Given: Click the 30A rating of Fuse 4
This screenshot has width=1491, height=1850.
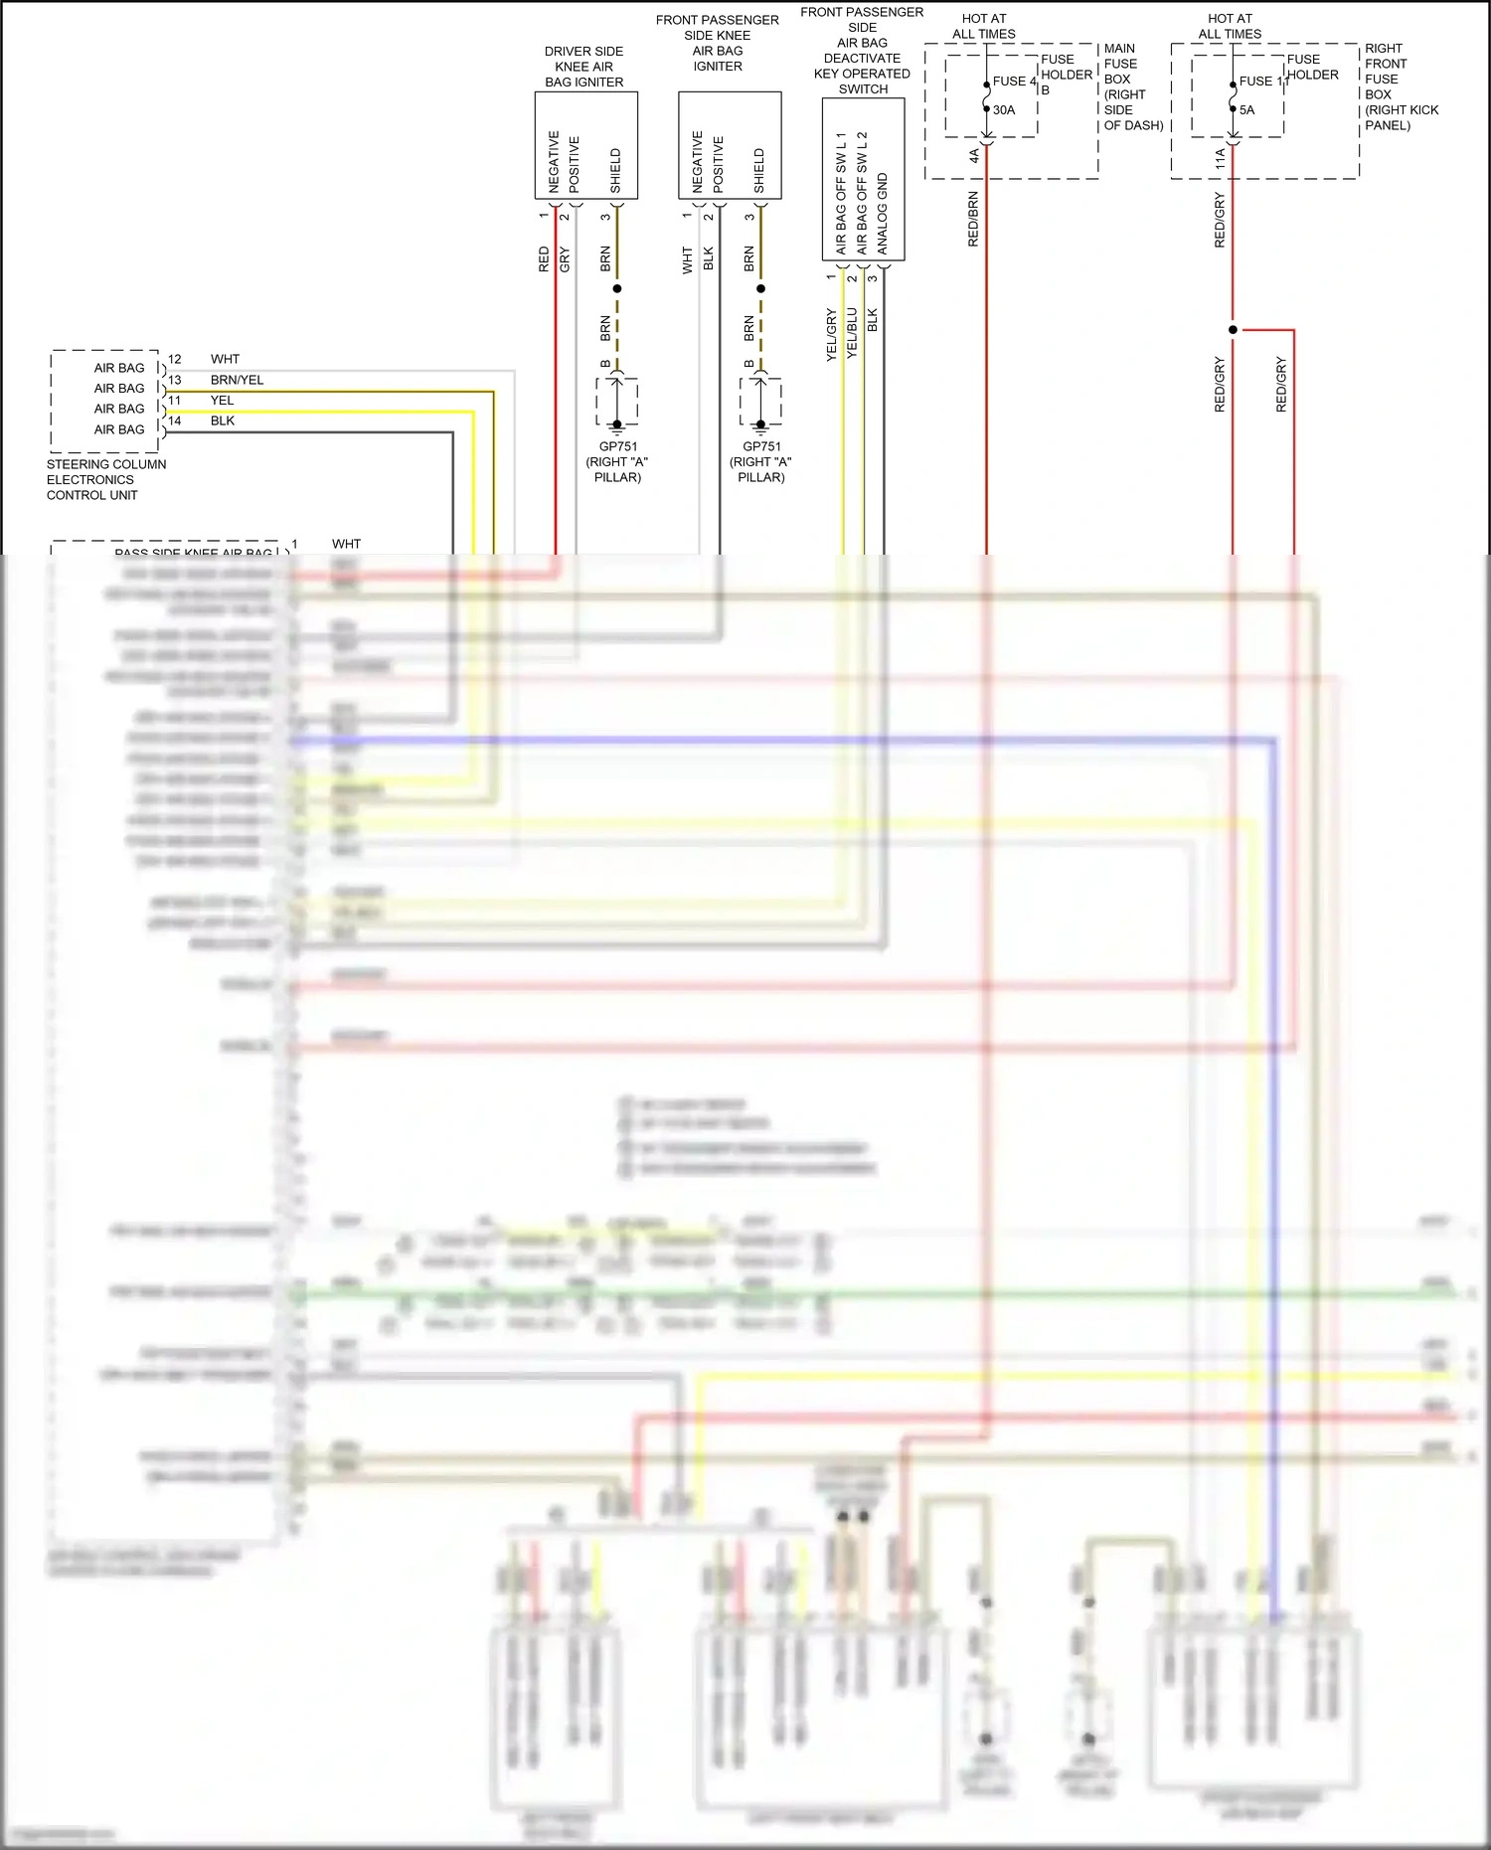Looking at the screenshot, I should click(x=1004, y=110).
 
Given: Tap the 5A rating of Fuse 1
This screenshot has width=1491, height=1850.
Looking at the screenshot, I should click(x=1246, y=110).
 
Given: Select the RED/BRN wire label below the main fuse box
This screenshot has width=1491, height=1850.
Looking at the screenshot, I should click(x=973, y=219).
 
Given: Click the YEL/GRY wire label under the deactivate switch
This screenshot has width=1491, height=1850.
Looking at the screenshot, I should click(x=832, y=334).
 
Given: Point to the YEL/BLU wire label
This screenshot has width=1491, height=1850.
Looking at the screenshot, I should click(x=852, y=333).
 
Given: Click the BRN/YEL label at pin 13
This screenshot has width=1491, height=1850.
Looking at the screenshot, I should click(x=237, y=380).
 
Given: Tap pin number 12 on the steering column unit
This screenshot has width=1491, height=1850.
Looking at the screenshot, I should click(x=175, y=359).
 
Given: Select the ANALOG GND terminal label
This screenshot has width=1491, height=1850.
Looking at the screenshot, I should click(x=883, y=214).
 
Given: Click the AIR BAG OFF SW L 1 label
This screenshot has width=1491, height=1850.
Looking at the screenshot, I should click(x=841, y=193).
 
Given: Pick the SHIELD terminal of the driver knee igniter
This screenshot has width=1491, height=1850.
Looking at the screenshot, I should click(x=615, y=171).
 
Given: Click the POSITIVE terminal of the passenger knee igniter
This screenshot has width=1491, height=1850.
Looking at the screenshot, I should click(x=718, y=164).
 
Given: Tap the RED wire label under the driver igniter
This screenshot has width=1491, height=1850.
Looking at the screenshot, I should click(x=544, y=259).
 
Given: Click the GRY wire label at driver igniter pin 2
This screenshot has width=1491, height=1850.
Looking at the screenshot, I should click(x=565, y=259).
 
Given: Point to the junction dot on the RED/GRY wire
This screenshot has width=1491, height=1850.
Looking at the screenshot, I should click(x=1233, y=330).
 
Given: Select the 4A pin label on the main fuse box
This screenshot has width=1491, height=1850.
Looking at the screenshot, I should click(x=974, y=157).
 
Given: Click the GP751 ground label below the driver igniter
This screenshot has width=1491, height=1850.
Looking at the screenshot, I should click(x=617, y=446).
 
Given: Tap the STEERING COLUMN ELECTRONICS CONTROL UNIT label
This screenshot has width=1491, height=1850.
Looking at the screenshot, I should click(x=105, y=479).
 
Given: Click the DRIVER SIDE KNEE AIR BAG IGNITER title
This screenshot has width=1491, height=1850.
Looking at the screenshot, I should click(x=584, y=67).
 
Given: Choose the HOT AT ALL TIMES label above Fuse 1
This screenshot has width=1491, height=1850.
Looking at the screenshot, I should click(x=1230, y=26).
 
